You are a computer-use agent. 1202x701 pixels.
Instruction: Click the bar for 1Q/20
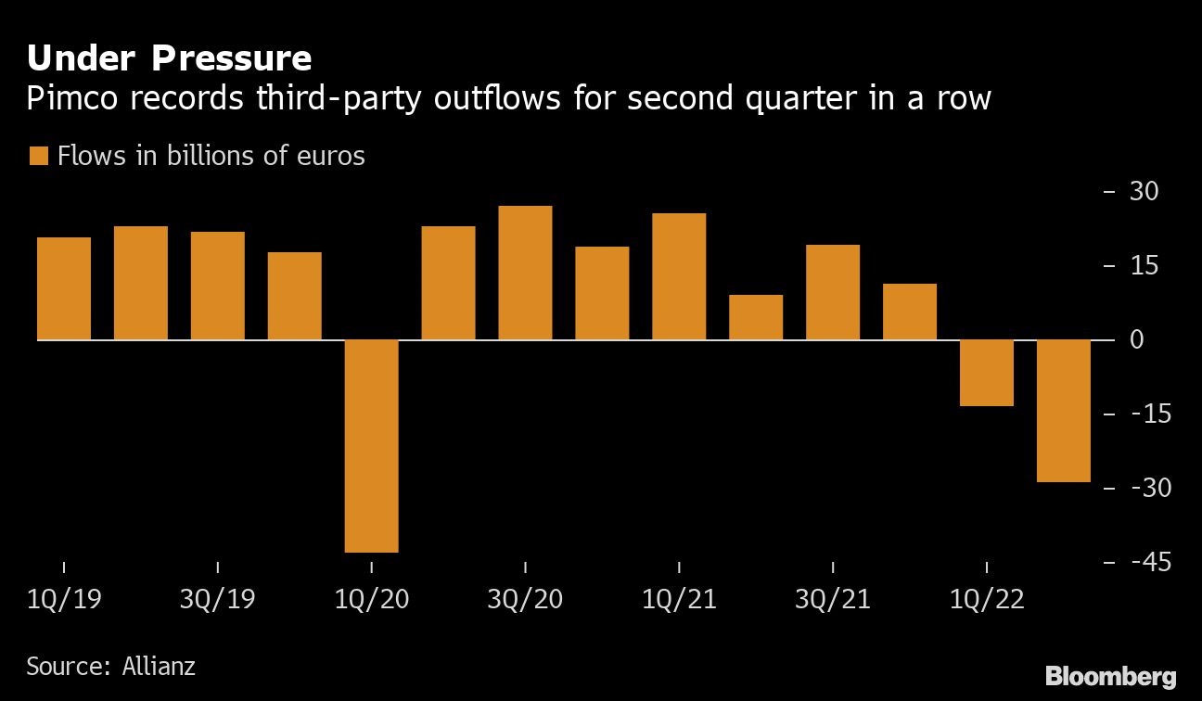click(371, 446)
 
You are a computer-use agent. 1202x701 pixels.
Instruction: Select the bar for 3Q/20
click(525, 273)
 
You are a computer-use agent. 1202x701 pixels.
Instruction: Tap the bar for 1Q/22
click(986, 373)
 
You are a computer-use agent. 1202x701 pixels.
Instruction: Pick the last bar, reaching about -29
click(1063, 411)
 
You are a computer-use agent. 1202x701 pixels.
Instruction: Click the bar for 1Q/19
click(64, 288)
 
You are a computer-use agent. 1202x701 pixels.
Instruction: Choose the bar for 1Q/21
click(679, 276)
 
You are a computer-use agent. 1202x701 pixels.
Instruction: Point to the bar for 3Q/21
click(833, 292)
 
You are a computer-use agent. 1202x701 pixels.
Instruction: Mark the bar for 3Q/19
click(218, 286)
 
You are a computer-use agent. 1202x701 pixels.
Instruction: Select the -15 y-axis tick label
click(1142, 414)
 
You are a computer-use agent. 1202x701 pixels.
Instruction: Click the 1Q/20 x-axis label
click(371, 600)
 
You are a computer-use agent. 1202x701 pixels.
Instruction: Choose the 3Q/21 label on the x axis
click(833, 600)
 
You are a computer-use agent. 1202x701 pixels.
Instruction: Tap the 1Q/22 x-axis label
click(986, 600)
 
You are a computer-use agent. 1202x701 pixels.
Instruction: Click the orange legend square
click(38, 156)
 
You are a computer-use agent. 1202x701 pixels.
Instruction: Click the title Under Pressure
click(169, 58)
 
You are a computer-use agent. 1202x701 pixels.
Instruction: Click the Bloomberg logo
click(1111, 676)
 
